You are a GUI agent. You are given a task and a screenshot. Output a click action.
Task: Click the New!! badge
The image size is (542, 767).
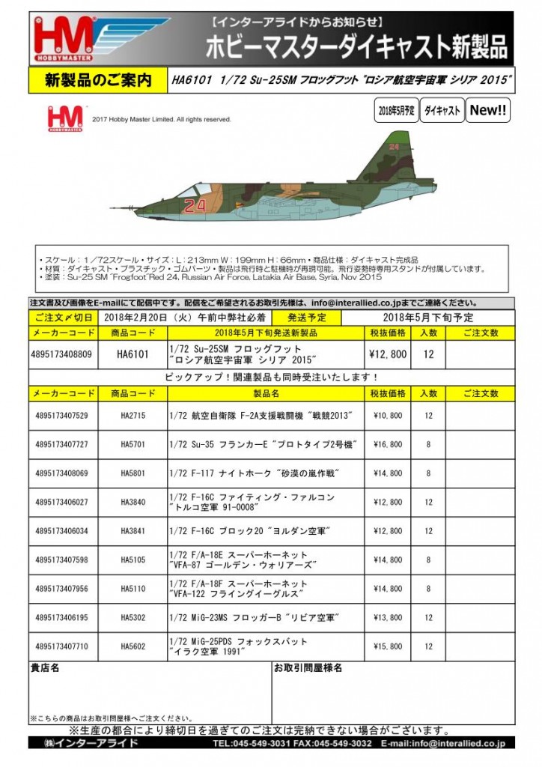pyautogui.click(x=488, y=111)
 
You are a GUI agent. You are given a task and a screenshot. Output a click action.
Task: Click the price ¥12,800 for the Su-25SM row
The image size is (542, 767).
pyautogui.click(x=389, y=354)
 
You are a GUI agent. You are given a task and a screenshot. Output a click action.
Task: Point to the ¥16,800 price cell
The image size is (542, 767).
pyautogui.click(x=389, y=444)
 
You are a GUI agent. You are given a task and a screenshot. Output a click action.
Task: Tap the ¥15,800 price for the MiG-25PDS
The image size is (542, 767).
pyautogui.click(x=389, y=646)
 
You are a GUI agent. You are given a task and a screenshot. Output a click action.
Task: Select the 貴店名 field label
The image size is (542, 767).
pyautogui.click(x=45, y=667)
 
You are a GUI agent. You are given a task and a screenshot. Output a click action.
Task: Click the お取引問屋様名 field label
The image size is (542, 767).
pyautogui.click(x=308, y=667)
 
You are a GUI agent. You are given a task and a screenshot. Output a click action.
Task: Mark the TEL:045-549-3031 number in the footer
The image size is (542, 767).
pyautogui.click(x=253, y=743)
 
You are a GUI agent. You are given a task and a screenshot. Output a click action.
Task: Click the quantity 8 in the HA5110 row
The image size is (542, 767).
pyautogui.click(x=428, y=589)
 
